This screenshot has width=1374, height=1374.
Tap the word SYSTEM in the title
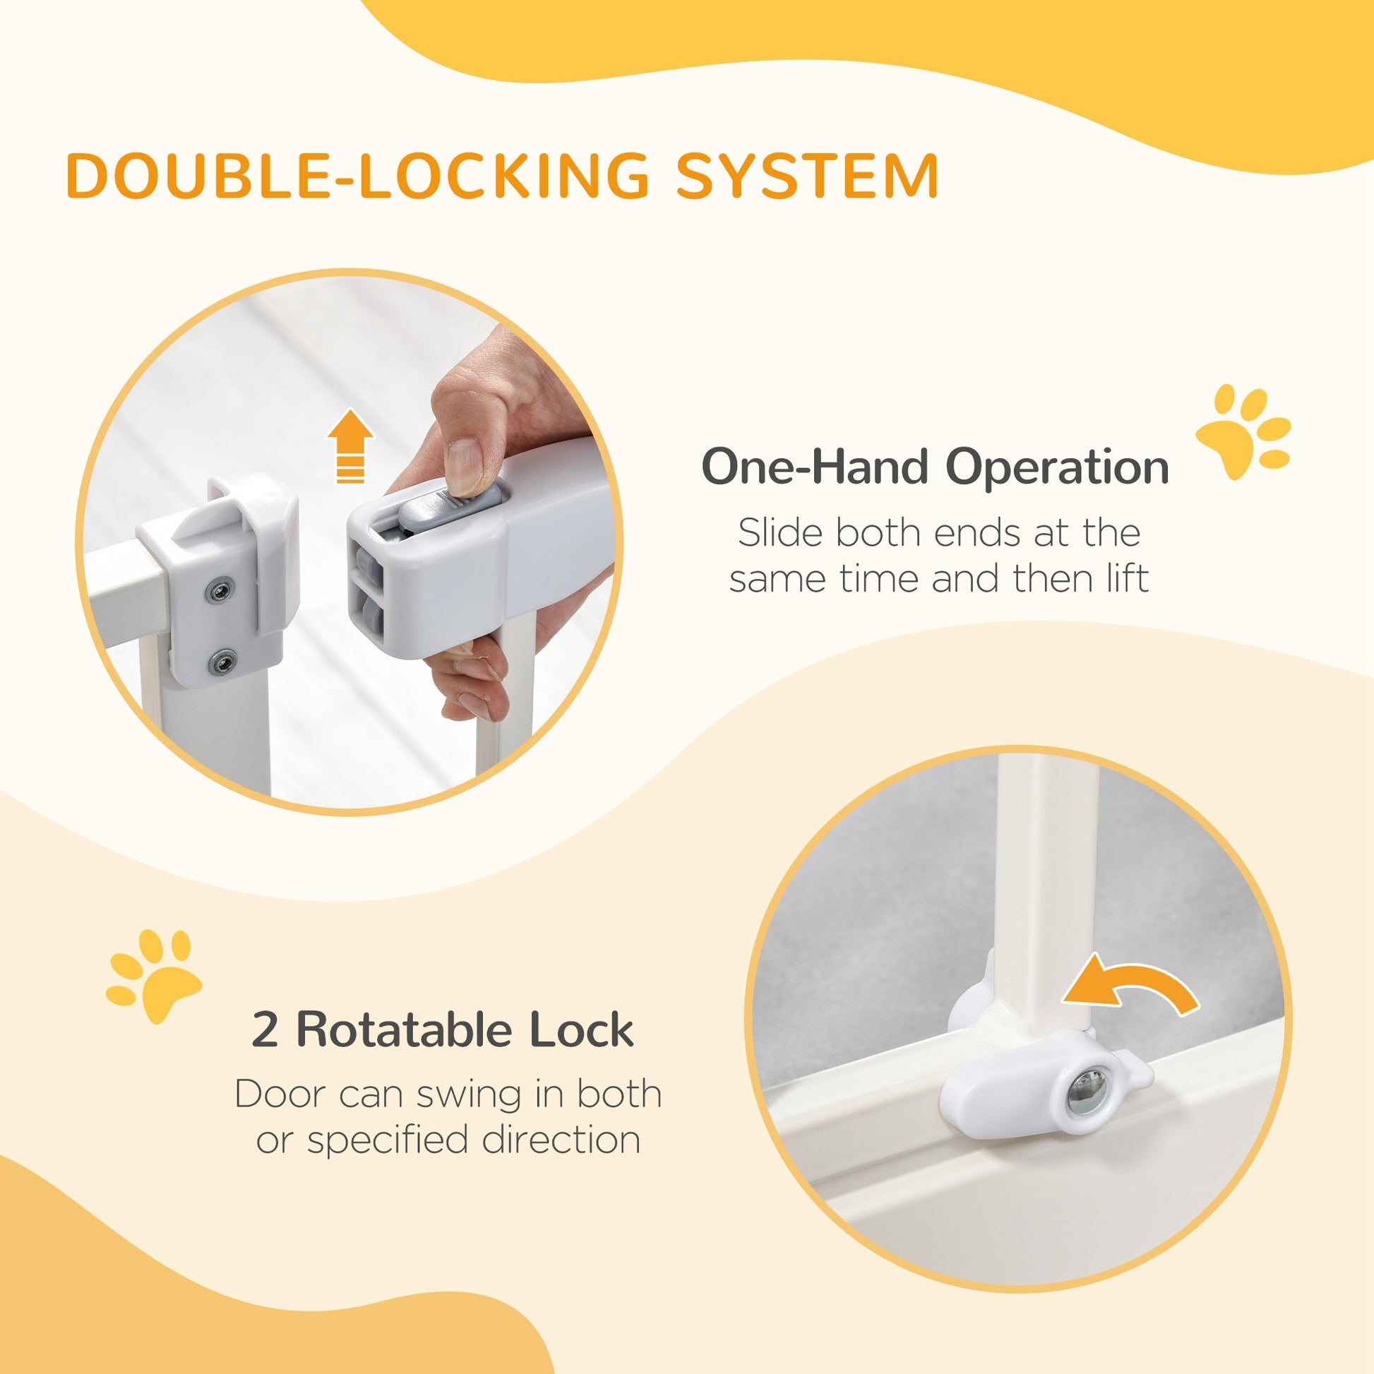click(x=807, y=175)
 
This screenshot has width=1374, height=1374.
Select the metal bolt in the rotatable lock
click(x=1086, y=1106)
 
